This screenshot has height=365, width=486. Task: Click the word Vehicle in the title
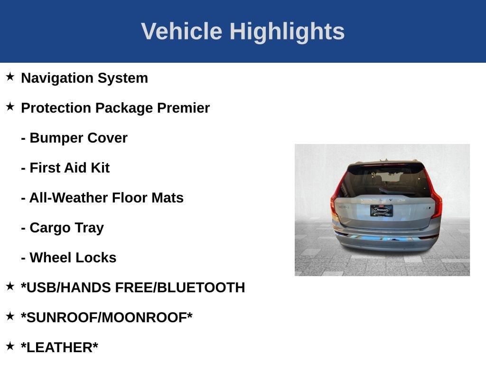click(x=181, y=31)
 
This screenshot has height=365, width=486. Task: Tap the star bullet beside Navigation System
click(x=10, y=77)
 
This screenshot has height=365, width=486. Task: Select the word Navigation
click(x=57, y=78)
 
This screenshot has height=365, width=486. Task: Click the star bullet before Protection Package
click(x=10, y=106)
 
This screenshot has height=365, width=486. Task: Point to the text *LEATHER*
click(x=59, y=347)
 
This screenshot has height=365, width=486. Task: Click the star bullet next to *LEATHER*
click(x=10, y=346)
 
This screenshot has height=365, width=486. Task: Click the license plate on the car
click(x=381, y=210)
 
